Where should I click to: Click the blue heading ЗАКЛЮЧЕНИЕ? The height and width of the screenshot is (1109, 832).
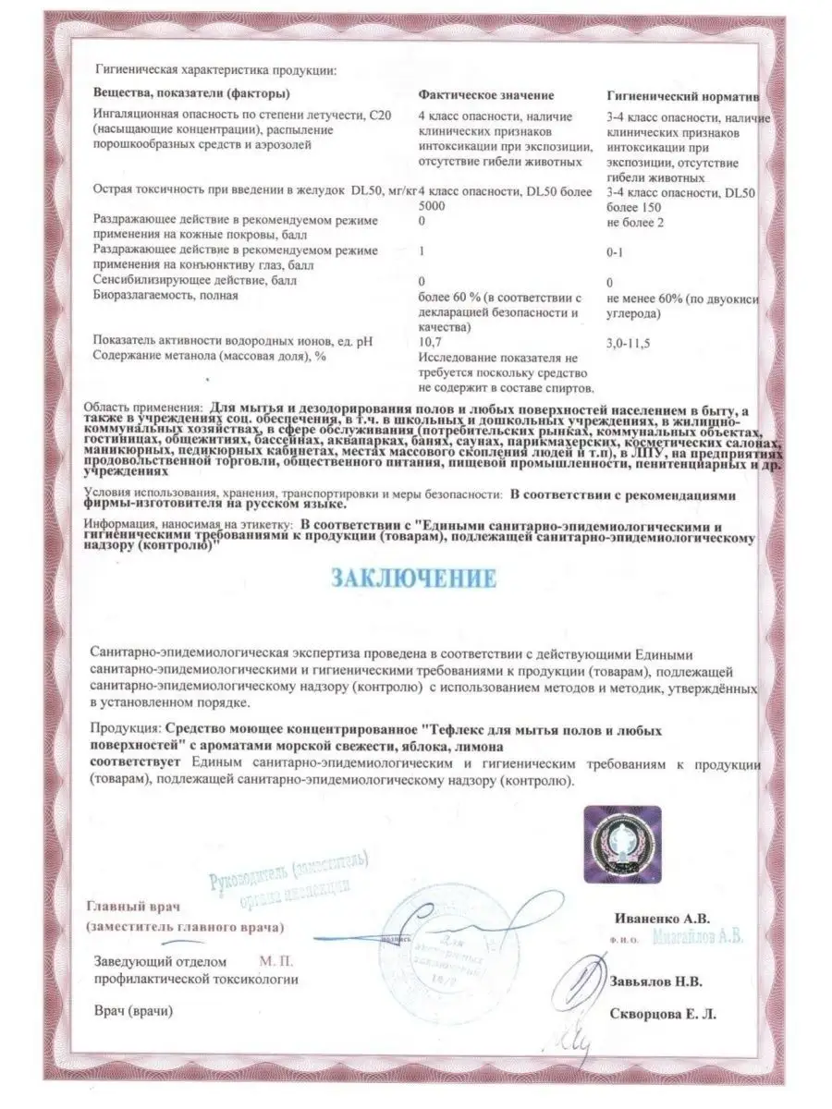(414, 579)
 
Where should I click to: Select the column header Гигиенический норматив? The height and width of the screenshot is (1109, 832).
(683, 95)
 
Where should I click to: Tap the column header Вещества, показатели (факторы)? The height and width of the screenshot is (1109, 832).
(191, 95)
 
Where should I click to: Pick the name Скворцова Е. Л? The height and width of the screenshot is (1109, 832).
(663, 1014)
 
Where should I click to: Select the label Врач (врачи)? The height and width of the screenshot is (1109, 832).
(132, 1012)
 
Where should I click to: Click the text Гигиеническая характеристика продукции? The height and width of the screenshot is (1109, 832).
(214, 69)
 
